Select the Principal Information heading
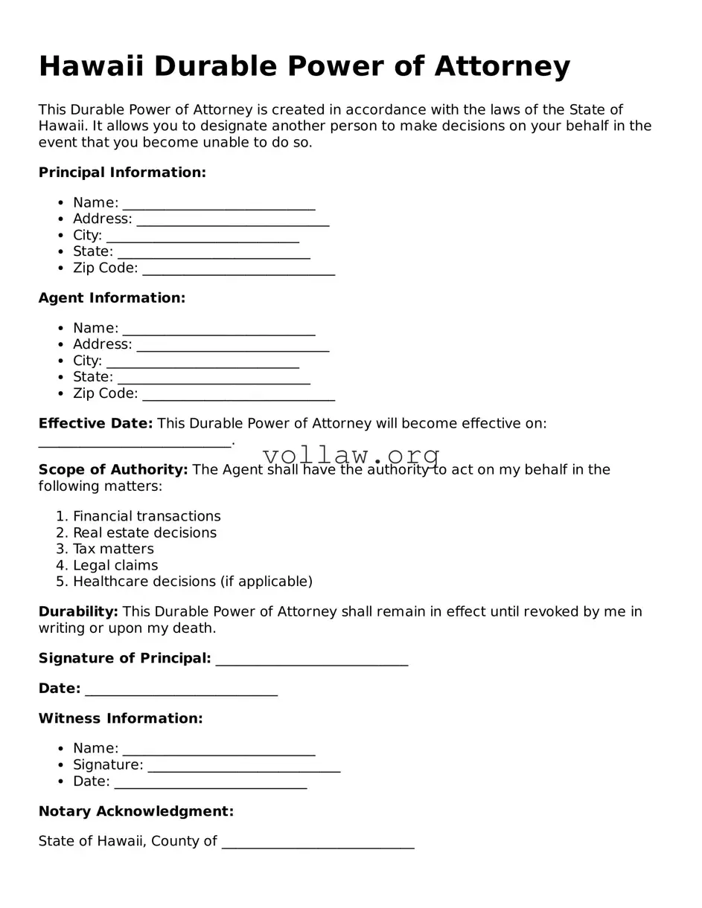pos(122,173)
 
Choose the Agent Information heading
pos(112,298)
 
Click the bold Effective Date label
pos(95,424)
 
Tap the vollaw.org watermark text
pos(351,454)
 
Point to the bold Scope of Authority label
pos(113,470)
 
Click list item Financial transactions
pos(147,516)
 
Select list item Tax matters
pos(113,549)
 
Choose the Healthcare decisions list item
pos(192,582)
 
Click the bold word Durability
pos(78,612)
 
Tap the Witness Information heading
pos(121,718)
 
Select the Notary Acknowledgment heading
pos(136,811)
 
